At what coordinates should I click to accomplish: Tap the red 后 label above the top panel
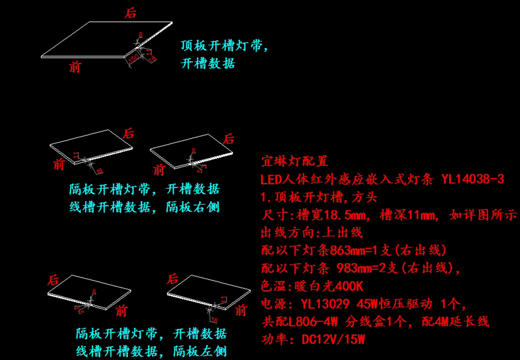click(x=130, y=13)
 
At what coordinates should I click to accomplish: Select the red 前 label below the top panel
click(x=75, y=67)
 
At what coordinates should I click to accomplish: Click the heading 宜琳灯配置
click(x=295, y=162)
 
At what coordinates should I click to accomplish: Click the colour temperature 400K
click(x=346, y=286)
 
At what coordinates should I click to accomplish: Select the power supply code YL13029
click(x=325, y=304)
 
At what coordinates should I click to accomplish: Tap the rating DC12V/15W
click(x=333, y=339)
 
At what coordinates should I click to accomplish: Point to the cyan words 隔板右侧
click(x=193, y=207)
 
